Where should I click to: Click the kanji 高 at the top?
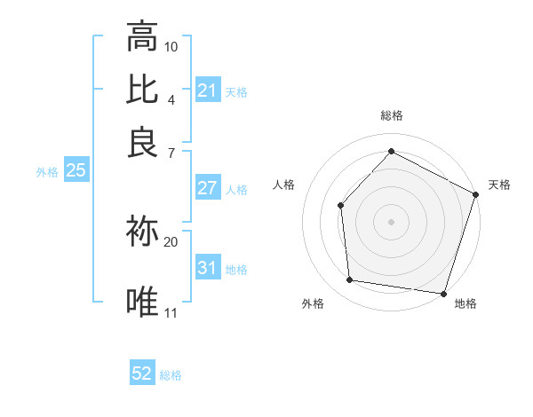tap(142, 36)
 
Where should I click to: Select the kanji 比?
tap(142, 90)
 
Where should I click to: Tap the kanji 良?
tap(142, 141)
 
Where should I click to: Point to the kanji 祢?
tap(142, 232)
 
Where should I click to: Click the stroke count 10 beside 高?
tap(171, 45)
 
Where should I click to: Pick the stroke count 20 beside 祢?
tap(171, 241)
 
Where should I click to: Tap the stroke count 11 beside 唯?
tap(171, 312)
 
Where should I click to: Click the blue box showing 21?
tap(208, 90)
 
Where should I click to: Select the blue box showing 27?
tap(208, 188)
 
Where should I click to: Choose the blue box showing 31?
tap(208, 268)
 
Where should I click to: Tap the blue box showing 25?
tap(76, 171)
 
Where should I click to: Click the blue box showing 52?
tap(142, 374)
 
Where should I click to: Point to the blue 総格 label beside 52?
tap(171, 375)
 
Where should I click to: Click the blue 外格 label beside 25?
tap(46, 172)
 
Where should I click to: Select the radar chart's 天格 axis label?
tap(499, 185)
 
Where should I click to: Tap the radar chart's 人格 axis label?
tap(284, 185)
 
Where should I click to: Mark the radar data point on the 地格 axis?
tap(444, 293)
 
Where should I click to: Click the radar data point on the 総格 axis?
tap(391, 151)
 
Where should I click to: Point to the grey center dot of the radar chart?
tap(391, 221)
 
